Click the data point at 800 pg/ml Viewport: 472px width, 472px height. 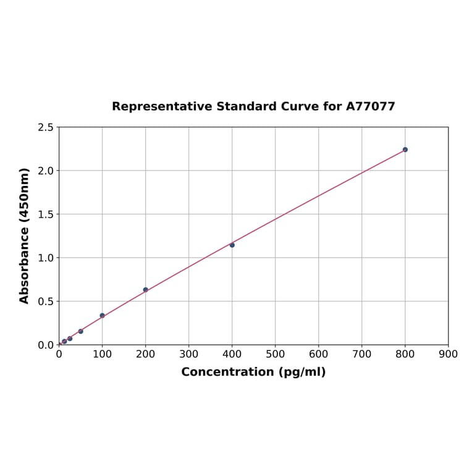click(x=405, y=150)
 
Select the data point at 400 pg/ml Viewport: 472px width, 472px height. click(x=232, y=245)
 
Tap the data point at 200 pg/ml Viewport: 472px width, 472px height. click(x=146, y=290)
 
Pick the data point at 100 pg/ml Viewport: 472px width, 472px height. click(x=103, y=316)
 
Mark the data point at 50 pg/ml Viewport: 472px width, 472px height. click(x=81, y=332)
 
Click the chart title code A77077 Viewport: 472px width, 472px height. click(x=371, y=107)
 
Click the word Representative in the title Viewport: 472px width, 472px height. click(x=162, y=107)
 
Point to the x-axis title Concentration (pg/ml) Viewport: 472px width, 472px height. click(x=253, y=372)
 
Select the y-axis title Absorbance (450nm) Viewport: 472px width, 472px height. click(x=25, y=235)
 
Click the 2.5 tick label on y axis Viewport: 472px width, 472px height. click(x=46, y=127)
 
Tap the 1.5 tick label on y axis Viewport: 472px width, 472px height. click(x=46, y=214)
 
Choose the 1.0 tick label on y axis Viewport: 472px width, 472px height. click(x=46, y=258)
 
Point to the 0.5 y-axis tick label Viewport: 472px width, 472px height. click(x=46, y=301)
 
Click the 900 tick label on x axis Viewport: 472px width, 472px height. click(x=449, y=354)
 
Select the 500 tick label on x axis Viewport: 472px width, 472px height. click(x=276, y=354)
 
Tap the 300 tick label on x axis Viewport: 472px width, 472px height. click(x=189, y=354)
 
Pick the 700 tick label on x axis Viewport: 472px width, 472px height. click(x=362, y=354)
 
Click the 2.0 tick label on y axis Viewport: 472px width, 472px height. click(x=46, y=171)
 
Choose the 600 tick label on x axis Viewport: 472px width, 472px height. click(x=319, y=354)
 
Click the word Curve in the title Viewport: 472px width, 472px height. click(x=301, y=107)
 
